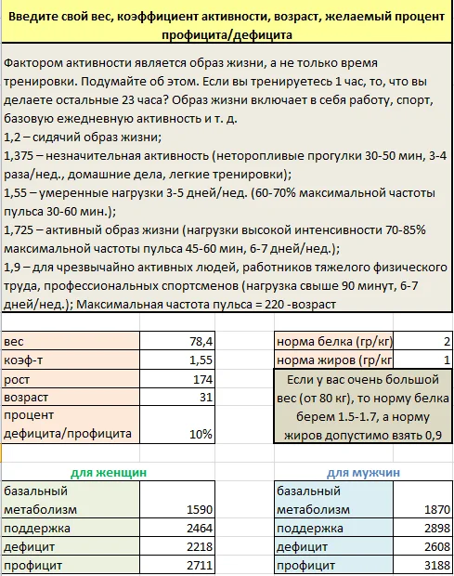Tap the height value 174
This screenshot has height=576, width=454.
(201, 380)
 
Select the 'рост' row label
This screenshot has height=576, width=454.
(18, 380)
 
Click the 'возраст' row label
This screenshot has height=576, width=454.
(27, 399)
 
